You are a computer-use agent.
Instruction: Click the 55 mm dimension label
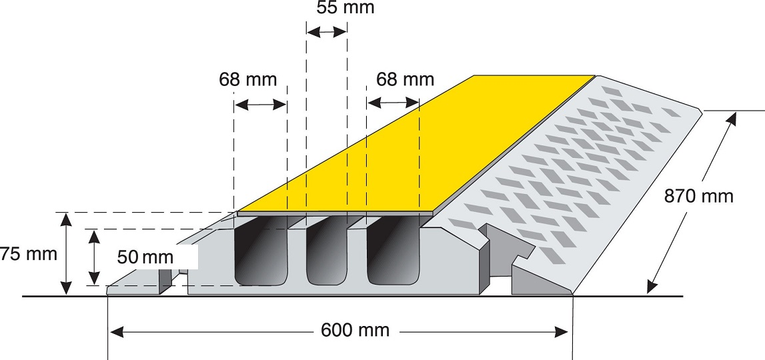(x=345, y=8)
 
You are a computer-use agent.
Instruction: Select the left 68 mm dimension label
(x=247, y=79)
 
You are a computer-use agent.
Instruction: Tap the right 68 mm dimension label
(x=405, y=79)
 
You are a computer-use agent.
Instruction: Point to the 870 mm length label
(x=699, y=196)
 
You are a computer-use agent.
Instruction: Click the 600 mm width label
(x=355, y=331)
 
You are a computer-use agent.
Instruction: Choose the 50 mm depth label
(x=145, y=257)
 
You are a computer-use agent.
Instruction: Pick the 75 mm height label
(x=28, y=254)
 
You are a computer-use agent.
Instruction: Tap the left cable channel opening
(x=260, y=251)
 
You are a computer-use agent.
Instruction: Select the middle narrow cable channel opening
(x=326, y=251)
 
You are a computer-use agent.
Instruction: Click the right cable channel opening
(x=394, y=251)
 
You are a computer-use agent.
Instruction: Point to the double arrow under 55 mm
(x=326, y=32)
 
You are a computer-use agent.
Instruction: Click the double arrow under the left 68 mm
(x=260, y=105)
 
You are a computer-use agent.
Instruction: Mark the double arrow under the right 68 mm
(x=394, y=103)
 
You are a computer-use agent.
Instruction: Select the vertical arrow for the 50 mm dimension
(x=94, y=257)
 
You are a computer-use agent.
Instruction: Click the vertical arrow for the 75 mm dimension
(x=66, y=253)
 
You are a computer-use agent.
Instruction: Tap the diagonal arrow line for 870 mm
(x=692, y=203)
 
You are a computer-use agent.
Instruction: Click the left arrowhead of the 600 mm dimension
(x=116, y=333)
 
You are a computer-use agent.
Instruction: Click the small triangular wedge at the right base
(x=539, y=282)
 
